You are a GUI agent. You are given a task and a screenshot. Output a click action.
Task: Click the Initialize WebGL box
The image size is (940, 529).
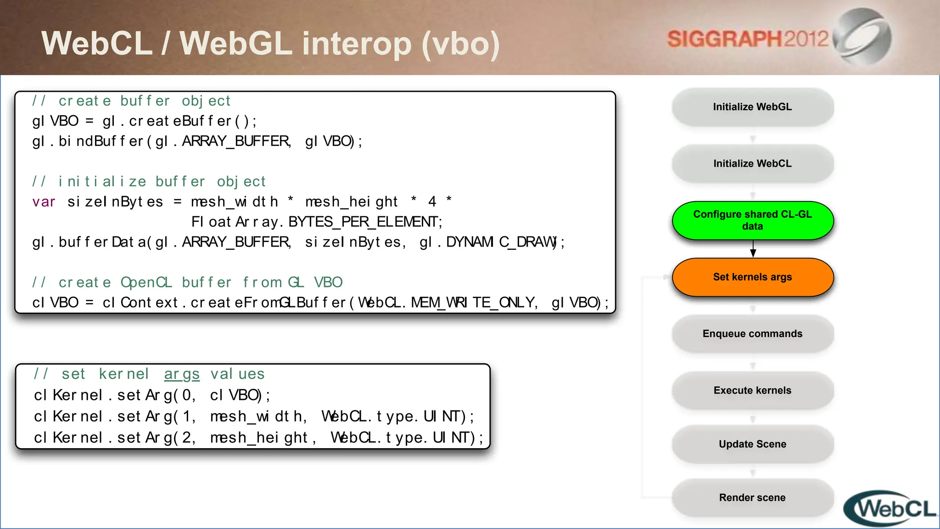[752, 107]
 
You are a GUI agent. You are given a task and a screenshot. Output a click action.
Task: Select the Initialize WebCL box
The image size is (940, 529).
[752, 164]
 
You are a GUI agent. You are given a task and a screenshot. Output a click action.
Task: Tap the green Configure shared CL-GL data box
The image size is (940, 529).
[752, 220]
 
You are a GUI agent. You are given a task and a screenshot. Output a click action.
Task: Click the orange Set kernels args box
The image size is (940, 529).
[752, 277]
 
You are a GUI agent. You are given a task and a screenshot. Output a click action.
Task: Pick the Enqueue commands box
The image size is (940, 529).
[752, 334]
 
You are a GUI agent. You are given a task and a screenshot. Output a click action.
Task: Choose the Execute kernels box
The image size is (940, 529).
[752, 390]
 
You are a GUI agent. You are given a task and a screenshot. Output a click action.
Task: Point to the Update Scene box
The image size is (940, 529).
[752, 444]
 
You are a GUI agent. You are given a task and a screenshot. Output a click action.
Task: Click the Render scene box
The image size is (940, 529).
[752, 498]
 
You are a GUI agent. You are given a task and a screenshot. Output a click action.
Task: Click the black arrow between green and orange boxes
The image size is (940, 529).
[753, 249]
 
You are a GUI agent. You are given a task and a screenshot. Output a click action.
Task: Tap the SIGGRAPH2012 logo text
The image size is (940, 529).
[747, 39]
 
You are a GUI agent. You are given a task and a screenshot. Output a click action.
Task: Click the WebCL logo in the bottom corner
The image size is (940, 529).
[890, 509]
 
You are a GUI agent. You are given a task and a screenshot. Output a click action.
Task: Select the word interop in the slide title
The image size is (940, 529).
[357, 44]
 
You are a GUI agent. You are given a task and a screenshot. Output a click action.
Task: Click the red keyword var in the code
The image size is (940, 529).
[44, 202]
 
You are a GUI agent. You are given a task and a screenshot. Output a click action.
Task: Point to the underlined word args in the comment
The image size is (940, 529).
[182, 374]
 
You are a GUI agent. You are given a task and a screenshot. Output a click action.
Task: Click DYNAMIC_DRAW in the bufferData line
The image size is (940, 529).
[501, 242]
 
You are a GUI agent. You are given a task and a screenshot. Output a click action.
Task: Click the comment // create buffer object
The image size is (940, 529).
[131, 101]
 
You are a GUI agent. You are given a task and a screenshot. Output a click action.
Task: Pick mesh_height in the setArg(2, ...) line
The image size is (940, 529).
[259, 438]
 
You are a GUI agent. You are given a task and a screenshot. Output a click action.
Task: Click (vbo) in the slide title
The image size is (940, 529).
[460, 44]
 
